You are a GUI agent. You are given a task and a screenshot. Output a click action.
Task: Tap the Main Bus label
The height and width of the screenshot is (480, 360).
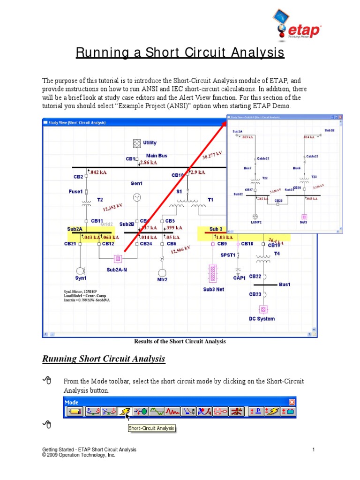(157, 156)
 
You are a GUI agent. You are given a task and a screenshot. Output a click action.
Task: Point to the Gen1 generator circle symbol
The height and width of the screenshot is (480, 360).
(137, 197)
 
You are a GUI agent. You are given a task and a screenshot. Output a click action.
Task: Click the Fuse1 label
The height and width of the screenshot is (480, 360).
(75, 191)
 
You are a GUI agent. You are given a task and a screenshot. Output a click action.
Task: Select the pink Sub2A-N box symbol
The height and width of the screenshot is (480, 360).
(118, 258)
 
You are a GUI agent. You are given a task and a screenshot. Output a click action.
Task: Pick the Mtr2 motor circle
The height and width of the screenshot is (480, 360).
(162, 273)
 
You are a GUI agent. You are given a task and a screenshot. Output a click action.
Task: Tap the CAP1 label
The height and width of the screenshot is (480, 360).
(240, 278)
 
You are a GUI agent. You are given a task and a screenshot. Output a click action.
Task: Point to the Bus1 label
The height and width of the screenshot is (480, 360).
(285, 285)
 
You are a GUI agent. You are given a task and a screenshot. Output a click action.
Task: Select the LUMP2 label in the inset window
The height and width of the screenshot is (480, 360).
(256, 223)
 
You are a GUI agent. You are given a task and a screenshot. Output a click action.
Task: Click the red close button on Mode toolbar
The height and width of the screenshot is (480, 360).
(292, 402)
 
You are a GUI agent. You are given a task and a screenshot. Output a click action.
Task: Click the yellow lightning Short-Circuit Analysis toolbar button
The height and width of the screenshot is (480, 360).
(124, 412)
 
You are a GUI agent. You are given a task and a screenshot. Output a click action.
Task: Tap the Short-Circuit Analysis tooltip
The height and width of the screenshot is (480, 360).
(151, 428)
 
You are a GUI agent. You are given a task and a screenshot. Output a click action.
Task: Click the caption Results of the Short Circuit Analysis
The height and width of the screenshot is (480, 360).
(180, 341)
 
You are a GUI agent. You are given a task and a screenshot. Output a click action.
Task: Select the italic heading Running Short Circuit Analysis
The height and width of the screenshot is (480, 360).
(104, 359)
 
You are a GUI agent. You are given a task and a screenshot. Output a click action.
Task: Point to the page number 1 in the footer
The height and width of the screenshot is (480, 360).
(314, 450)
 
